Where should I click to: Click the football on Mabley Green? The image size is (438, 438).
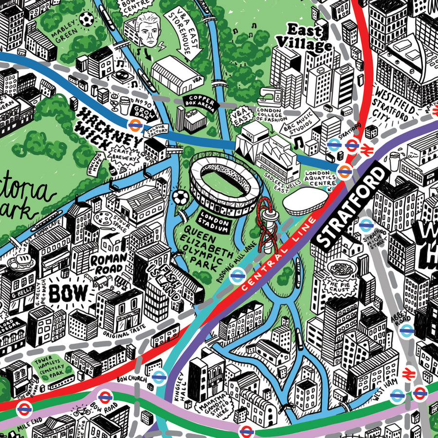[87, 19]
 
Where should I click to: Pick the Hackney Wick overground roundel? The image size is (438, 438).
[135, 125]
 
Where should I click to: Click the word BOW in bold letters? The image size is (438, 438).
[69, 293]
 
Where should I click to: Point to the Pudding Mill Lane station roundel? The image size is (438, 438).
[237, 276]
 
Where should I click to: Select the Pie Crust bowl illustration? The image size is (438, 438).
[339, 269]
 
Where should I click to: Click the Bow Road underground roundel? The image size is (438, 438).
[104, 397]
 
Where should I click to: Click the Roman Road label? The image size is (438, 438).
[109, 263]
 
